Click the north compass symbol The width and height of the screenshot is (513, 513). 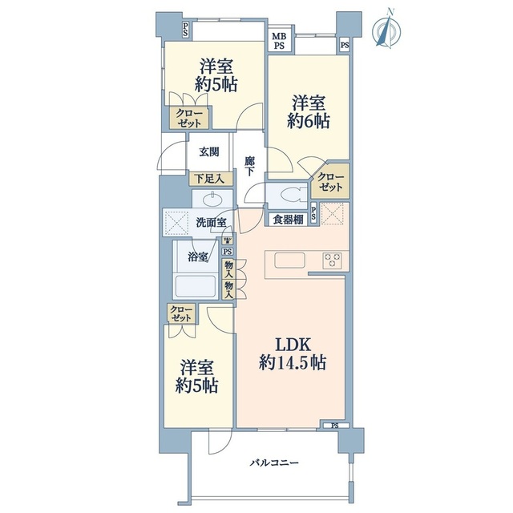386,30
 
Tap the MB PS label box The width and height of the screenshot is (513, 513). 279,41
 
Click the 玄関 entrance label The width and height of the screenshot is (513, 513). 209,151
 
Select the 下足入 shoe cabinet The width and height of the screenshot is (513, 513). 211,179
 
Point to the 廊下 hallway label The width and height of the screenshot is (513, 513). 249,166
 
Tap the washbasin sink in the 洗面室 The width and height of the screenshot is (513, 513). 212,200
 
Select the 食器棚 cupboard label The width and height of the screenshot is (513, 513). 289,220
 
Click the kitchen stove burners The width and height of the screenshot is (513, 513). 333,261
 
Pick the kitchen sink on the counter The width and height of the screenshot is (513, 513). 289,261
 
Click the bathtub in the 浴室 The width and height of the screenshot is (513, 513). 196,286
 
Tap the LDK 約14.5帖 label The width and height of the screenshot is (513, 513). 292,353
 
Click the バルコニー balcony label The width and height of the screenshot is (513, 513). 274,463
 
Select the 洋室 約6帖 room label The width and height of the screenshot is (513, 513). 309,111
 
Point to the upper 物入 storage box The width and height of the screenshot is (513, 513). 228,269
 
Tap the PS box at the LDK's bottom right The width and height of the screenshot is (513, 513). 334,426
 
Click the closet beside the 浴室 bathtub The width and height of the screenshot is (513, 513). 180,313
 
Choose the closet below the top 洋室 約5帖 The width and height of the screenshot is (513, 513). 189,118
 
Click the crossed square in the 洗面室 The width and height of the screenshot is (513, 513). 176,223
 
